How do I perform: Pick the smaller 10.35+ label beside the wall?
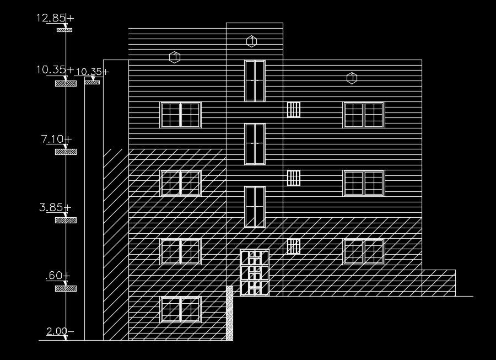coord(91,72)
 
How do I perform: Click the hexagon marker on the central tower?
coord(251,41)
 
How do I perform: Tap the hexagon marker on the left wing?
coord(175,57)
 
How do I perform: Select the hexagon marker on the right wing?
coord(352,78)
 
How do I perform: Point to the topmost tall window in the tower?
coord(255,80)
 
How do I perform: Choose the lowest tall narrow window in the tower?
coord(255,207)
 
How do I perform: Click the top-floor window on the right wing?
coord(364,115)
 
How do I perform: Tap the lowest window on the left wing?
coord(180,309)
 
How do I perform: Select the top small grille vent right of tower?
coord(294,109)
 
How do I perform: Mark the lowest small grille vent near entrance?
coord(294,246)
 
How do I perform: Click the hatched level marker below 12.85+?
coord(65,30)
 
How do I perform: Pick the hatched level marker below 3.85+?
coord(66,220)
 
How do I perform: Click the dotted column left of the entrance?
coord(229,313)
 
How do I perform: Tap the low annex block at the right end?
coord(438,283)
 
